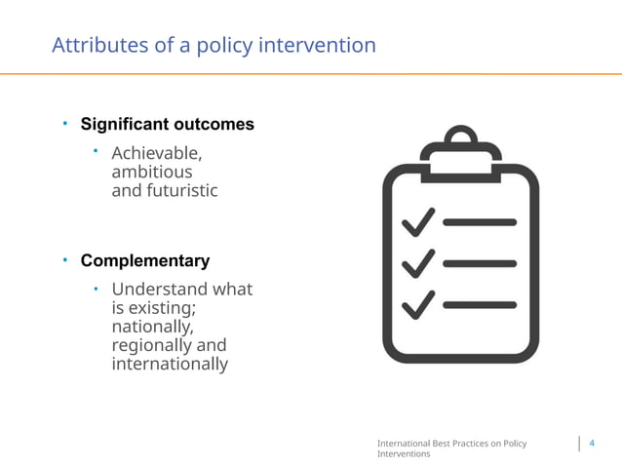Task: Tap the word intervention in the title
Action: tap(320, 46)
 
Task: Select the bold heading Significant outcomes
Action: tap(167, 125)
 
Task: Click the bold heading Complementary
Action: tap(144, 261)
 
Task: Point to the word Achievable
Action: tap(157, 153)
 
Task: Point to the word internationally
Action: tap(170, 365)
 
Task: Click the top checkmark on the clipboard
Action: tap(418, 221)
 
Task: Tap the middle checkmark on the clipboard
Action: tap(418, 262)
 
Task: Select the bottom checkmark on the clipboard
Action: tap(418, 303)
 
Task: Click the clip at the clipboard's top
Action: tap(459, 145)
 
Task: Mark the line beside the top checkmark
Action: tap(480, 222)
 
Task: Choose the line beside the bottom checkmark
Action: tap(480, 305)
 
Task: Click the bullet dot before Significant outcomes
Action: tap(64, 124)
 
